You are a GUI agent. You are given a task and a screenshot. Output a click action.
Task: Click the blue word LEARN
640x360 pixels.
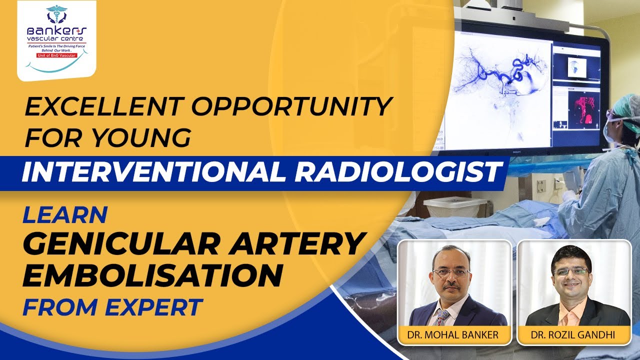click(65, 214)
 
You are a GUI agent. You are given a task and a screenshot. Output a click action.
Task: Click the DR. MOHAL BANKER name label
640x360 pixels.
click(454, 334)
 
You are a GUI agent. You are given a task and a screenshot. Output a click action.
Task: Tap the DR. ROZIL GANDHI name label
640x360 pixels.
click(574, 334)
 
